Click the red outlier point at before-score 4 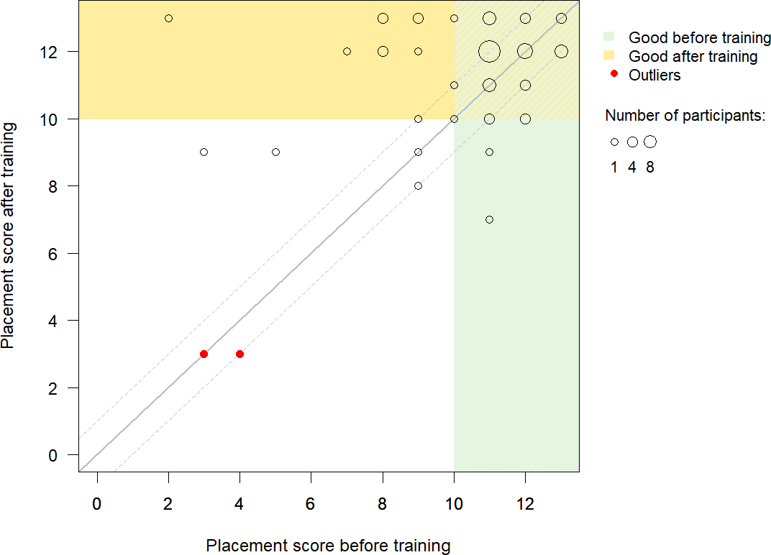pyautogui.click(x=239, y=354)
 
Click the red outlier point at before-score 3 pyautogui.click(x=204, y=354)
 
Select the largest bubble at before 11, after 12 pyautogui.click(x=489, y=51)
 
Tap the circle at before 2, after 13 pyautogui.click(x=168, y=18)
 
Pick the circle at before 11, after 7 pyautogui.click(x=489, y=219)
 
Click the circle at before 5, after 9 pyautogui.click(x=275, y=152)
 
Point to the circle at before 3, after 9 pyautogui.click(x=204, y=152)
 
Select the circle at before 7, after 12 pyautogui.click(x=347, y=51)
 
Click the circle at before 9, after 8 pyautogui.click(x=418, y=185)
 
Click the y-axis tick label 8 pyautogui.click(x=63, y=186)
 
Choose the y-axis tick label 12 pyautogui.click(x=59, y=52)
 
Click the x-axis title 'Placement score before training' pyautogui.click(x=328, y=546)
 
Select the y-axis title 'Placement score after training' pyautogui.click(x=9, y=236)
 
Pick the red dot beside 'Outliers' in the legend pyautogui.click(x=614, y=74)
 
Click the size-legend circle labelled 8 pyautogui.click(x=650, y=142)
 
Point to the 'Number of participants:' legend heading pyautogui.click(x=685, y=116)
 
